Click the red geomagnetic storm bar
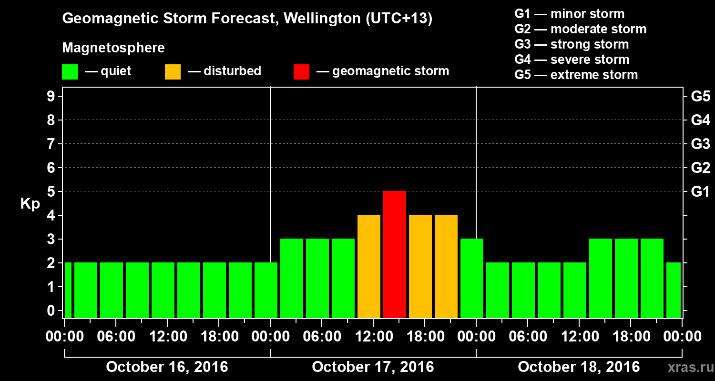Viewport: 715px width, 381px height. [395, 254]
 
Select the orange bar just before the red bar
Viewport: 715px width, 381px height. [369, 266]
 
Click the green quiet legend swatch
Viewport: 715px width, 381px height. [70, 72]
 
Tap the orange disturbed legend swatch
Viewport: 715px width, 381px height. [173, 72]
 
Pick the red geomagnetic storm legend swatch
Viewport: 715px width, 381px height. [301, 72]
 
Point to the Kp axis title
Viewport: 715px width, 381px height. [30, 204]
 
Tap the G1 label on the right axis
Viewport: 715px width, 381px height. [700, 192]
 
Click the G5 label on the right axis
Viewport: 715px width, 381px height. [700, 97]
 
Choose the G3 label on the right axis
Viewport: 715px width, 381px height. [700, 144]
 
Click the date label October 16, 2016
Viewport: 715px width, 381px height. [167, 367]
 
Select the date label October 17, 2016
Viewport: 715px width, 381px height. [373, 367]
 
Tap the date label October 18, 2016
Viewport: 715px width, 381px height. [579, 367]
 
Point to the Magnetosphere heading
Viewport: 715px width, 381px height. [113, 48]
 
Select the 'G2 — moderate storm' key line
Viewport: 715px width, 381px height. [580, 29]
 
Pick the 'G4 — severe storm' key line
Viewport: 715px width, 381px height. [572, 60]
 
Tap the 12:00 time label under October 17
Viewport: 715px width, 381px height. [373, 337]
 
